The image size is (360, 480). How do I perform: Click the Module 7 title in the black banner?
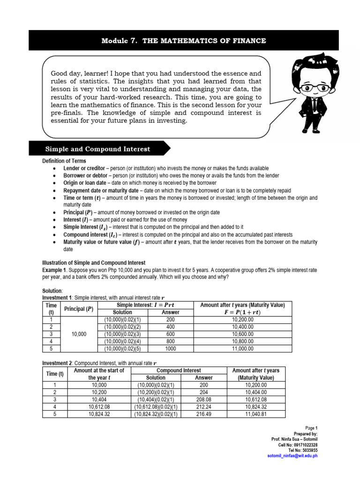[x=184, y=41]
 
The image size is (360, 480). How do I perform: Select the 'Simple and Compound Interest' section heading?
[x=97, y=149]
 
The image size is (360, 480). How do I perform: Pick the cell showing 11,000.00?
[x=242, y=349]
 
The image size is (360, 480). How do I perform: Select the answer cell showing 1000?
[x=170, y=349]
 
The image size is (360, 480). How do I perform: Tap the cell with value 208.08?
[x=203, y=399]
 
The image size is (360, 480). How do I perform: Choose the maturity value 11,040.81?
[x=255, y=414]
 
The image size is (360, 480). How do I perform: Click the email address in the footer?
[x=292, y=456]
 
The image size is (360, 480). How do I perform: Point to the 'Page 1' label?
[x=311, y=428]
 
